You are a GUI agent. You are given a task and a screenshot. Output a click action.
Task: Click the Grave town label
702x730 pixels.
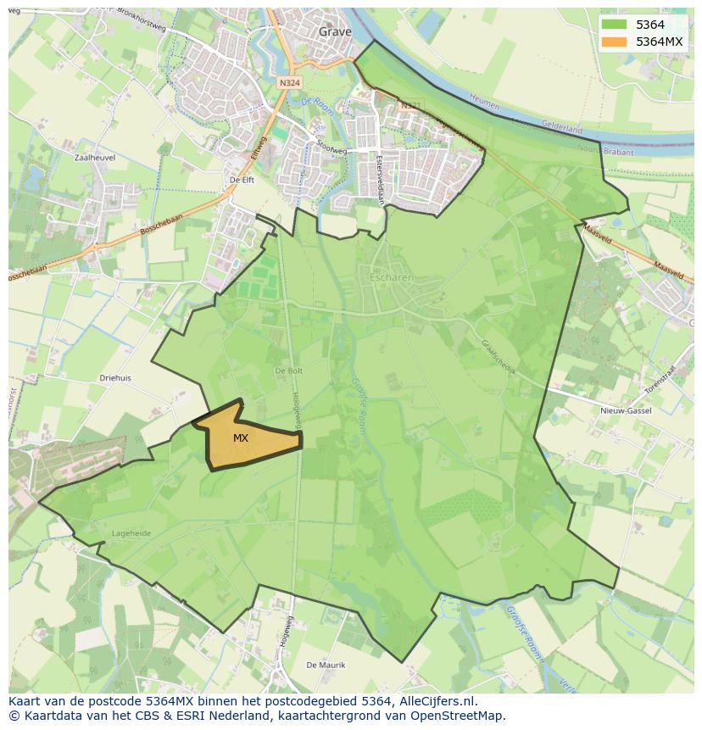click(x=335, y=32)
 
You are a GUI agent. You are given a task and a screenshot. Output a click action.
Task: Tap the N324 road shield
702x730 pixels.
click(x=289, y=83)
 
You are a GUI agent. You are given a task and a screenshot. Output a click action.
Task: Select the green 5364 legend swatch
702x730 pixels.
click(x=615, y=25)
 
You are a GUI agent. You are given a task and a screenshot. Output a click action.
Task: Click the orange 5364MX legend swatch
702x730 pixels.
click(x=615, y=42)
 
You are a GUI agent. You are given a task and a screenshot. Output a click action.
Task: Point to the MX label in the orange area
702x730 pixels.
click(x=241, y=438)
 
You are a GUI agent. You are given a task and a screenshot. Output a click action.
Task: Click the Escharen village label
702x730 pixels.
click(x=391, y=276)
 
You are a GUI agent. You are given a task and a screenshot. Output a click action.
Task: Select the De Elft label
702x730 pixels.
click(x=242, y=181)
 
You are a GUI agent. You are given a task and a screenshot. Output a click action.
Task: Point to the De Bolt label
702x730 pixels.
click(x=289, y=371)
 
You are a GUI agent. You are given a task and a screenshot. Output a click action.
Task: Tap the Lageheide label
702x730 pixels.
click(x=131, y=533)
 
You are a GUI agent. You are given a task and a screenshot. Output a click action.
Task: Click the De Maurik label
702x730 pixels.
click(x=325, y=665)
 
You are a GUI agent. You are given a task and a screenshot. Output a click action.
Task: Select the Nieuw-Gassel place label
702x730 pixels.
click(x=626, y=410)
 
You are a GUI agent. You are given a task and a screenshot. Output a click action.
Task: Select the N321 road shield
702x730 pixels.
click(x=410, y=106)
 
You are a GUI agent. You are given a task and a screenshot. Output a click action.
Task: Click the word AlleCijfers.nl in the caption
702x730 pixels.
click(x=436, y=701)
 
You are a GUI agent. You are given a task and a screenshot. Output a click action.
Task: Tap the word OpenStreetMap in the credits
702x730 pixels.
click(x=459, y=716)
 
